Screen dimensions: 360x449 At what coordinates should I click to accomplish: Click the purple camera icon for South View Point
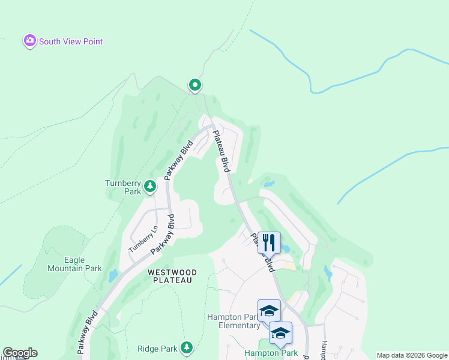pyautogui.click(x=29, y=41)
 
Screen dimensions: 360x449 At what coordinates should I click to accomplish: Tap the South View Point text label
pyautogui.click(x=71, y=41)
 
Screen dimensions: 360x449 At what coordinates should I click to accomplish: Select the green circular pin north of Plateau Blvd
pyautogui.click(x=194, y=85)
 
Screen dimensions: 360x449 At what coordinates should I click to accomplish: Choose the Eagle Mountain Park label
pyautogui.click(x=74, y=264)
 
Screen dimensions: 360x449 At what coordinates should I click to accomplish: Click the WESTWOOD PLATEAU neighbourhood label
pyautogui.click(x=170, y=276)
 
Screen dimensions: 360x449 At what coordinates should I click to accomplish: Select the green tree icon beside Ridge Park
pyautogui.click(x=187, y=347)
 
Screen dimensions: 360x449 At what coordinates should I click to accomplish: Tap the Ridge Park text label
pyautogui.click(x=157, y=348)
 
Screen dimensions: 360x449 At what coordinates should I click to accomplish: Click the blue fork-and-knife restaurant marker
pyautogui.click(x=269, y=243)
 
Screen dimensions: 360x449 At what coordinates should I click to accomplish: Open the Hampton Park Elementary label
pyautogui.click(x=234, y=321)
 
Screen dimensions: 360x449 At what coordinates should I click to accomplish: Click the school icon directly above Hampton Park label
pyautogui.click(x=280, y=332)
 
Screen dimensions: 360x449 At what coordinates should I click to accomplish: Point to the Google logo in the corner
pyautogui.click(x=20, y=353)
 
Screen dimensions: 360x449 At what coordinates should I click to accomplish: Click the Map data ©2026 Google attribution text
pyautogui.click(x=411, y=355)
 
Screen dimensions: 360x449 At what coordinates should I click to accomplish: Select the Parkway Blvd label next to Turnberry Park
pyautogui.click(x=179, y=160)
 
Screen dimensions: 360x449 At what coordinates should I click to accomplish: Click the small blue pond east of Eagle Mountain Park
pyautogui.click(x=113, y=276)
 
